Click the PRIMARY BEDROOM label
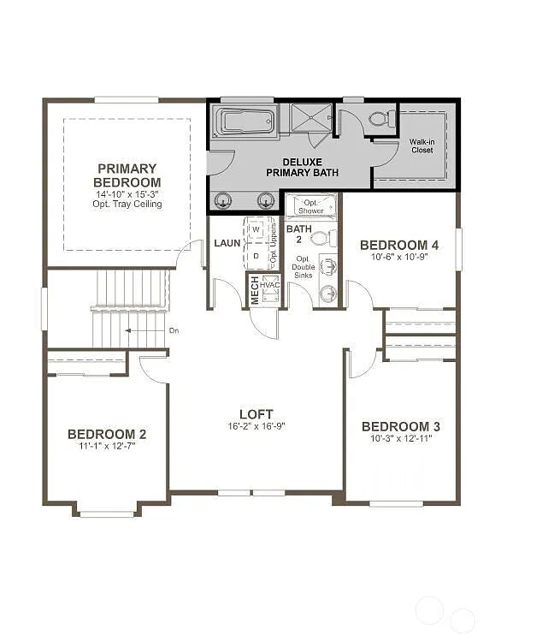click(x=127, y=175)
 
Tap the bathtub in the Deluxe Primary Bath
click(x=245, y=121)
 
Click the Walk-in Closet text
click(x=421, y=145)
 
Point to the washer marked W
click(x=256, y=230)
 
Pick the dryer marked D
click(x=256, y=254)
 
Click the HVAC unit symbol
click(x=271, y=289)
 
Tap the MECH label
click(x=254, y=290)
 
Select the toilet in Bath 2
click(x=319, y=239)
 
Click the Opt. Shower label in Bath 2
click(x=310, y=206)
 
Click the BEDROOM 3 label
click(x=401, y=426)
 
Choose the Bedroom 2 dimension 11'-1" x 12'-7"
click(x=107, y=446)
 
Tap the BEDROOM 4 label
click(x=399, y=245)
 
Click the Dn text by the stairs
click(x=174, y=330)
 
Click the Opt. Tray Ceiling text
click(x=128, y=205)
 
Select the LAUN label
click(x=227, y=243)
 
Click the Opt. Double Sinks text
click(x=304, y=267)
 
